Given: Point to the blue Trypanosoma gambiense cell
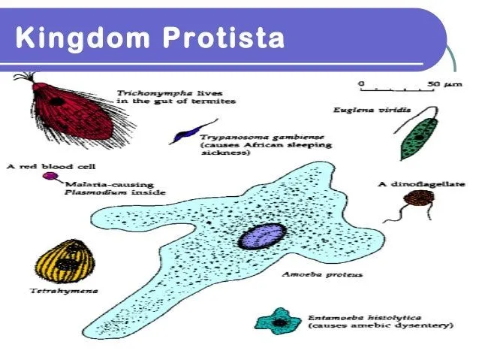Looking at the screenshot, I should [183, 136].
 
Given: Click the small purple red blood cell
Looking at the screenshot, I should [50, 177].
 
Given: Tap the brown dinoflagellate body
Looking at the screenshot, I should [417, 199].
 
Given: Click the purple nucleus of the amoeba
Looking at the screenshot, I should [261, 235].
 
